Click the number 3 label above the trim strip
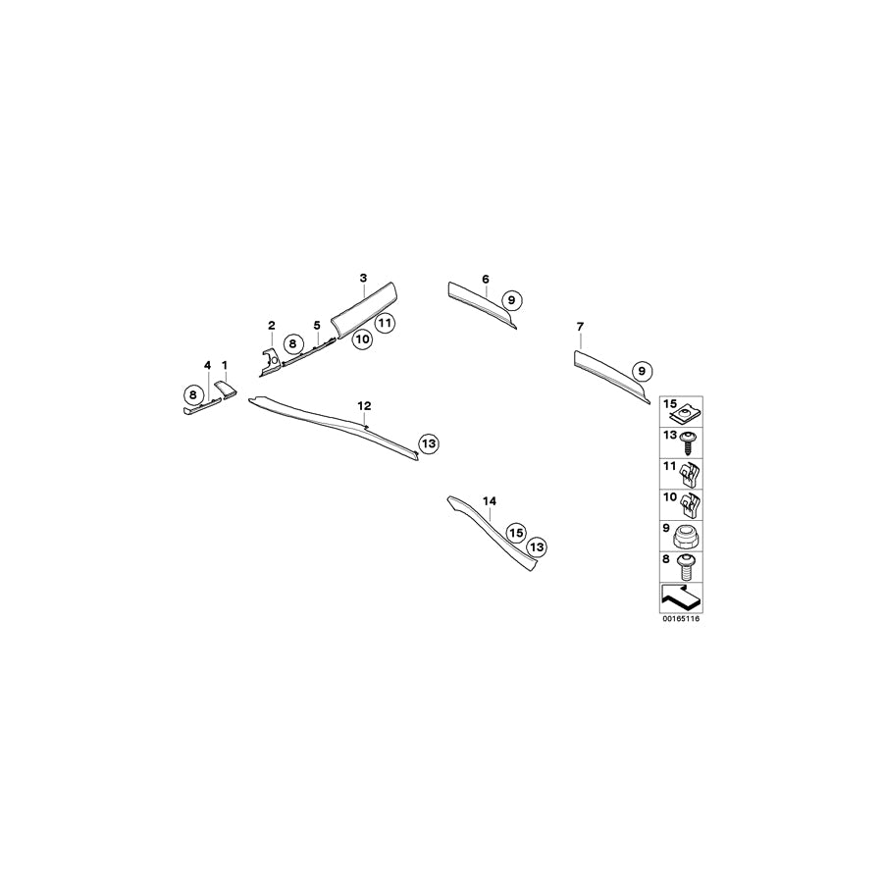363,279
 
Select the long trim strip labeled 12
334,427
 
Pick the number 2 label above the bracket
272,325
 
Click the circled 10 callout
362,339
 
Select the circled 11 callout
384,322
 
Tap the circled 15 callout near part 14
515,532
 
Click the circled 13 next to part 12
427,443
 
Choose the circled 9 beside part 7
641,371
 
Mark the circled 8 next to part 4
193,395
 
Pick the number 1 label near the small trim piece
225,365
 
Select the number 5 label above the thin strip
317,324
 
